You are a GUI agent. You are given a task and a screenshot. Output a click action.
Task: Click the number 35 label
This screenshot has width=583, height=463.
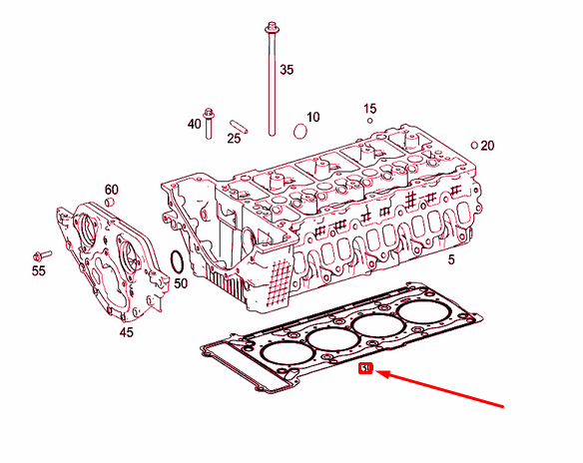[287, 70]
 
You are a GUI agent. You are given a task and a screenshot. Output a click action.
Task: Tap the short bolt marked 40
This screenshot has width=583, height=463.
[210, 123]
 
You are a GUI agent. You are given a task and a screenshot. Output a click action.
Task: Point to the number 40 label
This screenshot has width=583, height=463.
[194, 125]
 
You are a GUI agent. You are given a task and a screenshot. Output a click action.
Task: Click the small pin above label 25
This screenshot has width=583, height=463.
[237, 123]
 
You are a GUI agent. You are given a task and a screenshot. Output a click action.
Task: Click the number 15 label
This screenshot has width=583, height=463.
[369, 108]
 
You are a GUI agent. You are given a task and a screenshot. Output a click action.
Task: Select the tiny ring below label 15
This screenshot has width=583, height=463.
[369, 121]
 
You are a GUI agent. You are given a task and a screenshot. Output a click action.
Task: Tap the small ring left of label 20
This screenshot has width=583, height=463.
[475, 144]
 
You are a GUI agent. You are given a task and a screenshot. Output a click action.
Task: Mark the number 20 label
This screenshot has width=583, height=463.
[487, 146]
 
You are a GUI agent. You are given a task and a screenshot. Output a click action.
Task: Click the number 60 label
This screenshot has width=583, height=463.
[112, 190]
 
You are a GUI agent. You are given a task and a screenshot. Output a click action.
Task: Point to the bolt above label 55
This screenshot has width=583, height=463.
[41, 253]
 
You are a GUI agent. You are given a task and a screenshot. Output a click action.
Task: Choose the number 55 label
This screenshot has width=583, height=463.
[38, 269]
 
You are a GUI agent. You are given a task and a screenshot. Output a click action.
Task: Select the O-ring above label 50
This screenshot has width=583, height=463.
[176, 262]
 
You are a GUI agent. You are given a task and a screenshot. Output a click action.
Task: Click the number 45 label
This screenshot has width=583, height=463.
[126, 332]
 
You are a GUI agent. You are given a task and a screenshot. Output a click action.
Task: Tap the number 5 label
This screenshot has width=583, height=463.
[450, 259]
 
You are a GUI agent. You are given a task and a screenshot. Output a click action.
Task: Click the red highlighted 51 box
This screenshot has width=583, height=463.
[366, 370]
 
